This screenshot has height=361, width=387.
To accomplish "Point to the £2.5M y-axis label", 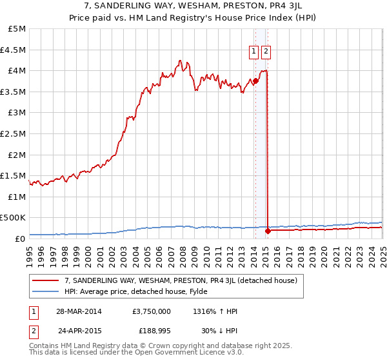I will tap(13, 133).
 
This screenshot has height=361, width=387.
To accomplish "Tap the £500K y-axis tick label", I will tap(13, 218).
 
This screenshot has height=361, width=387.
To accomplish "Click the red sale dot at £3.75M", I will tap(255, 81).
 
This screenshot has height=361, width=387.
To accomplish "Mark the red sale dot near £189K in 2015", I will tap(268, 230).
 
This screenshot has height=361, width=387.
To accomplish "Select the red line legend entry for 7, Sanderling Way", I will tap(181, 280).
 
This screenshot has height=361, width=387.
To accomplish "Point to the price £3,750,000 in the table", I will tap(151, 311).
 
